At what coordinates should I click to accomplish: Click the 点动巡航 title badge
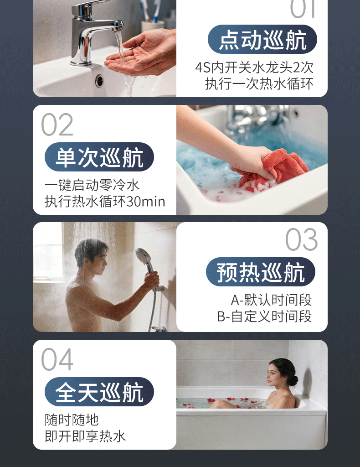point(262,39)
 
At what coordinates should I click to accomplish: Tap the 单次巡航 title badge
point(99,157)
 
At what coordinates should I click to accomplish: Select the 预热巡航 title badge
point(260,272)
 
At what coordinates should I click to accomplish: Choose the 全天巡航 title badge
point(99,392)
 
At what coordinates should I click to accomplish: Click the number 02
point(57,125)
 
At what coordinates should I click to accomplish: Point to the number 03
point(301,239)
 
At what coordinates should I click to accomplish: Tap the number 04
point(57,359)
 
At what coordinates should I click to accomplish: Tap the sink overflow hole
point(99,80)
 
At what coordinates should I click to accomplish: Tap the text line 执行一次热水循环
point(259,84)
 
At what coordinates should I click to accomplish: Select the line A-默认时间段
point(271,300)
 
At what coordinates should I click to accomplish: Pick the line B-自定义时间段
point(264,317)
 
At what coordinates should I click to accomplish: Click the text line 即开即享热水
point(85,436)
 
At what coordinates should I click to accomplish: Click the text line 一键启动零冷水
point(92,185)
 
